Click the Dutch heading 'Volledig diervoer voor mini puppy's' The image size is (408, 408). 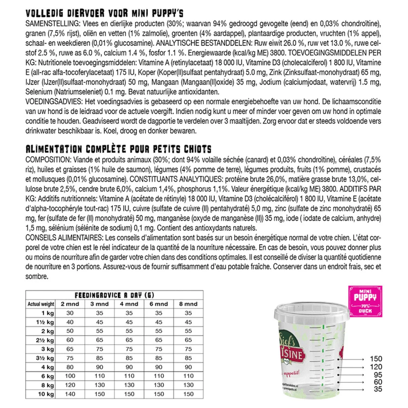[x=104, y=13]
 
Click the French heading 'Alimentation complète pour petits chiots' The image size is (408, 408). [x=118, y=149]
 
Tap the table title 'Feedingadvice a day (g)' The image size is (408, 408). [x=114, y=295]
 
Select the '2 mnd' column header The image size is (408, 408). [x=70, y=304]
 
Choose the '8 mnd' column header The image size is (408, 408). [x=188, y=304]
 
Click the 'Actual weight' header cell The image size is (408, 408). [x=41, y=304]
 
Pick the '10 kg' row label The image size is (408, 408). [x=46, y=394]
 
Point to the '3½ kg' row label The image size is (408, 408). [x=45, y=358]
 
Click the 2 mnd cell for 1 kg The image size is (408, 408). [x=70, y=313]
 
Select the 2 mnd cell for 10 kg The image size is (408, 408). [x=70, y=394]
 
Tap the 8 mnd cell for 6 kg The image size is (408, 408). [x=188, y=376]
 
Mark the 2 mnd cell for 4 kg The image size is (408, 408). [x=70, y=367]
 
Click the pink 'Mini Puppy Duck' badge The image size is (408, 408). [x=365, y=301]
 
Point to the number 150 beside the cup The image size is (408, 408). [x=376, y=359]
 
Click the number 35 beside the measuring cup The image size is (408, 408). [x=378, y=389]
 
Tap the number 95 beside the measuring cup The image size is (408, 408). [x=378, y=375]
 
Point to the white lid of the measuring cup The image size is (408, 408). [x=311, y=313]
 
